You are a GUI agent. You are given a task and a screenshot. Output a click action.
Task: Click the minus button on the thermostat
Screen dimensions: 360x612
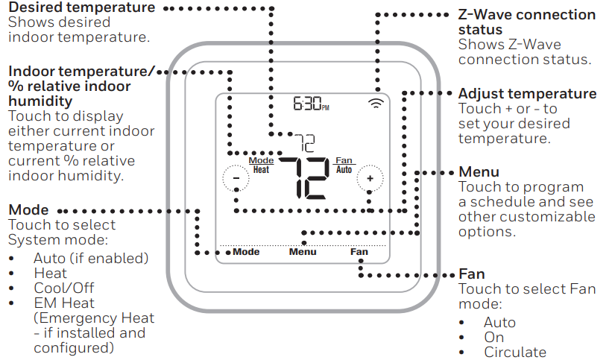[x=235, y=178]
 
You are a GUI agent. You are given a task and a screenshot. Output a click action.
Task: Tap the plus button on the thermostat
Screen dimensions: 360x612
[x=368, y=178]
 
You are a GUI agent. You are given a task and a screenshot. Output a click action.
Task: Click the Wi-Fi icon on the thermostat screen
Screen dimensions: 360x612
[x=376, y=104]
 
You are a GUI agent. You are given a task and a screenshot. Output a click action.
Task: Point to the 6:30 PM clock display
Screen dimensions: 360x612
[x=311, y=104]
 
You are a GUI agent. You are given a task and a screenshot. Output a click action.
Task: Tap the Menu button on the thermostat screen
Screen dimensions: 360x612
[x=303, y=252]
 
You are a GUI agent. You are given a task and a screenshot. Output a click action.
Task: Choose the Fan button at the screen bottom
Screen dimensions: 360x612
[x=359, y=252]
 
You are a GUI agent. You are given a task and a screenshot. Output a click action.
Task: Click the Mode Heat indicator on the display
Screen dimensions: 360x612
[x=261, y=165]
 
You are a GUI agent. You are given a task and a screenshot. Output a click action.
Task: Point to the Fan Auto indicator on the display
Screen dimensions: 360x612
[x=344, y=165]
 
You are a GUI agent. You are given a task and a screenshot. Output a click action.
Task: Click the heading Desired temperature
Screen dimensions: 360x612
[x=82, y=7]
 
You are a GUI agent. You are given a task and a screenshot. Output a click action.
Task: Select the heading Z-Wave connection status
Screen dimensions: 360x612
[x=526, y=22]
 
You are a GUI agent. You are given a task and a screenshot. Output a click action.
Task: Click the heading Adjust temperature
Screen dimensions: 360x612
[x=527, y=94]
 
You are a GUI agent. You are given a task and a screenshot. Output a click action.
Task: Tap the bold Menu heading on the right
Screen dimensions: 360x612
[x=479, y=172]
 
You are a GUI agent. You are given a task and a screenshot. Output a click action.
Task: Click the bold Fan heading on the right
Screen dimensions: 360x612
[x=471, y=274]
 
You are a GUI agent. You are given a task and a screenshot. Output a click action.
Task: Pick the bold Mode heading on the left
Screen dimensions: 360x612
[x=28, y=210]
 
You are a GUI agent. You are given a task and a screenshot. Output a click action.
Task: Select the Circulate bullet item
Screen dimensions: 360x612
[x=514, y=352]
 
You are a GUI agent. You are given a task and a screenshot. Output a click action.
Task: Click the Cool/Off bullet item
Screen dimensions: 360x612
[x=64, y=288]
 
